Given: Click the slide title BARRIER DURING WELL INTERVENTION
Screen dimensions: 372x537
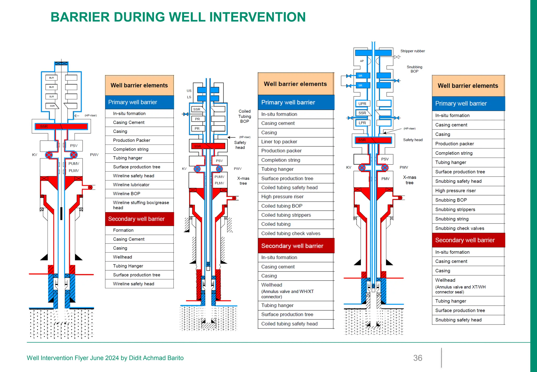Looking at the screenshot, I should click(x=178, y=17).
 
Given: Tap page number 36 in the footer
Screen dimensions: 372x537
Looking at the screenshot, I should click(x=417, y=358).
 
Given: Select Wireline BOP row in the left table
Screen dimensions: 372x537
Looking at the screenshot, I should click(x=127, y=194).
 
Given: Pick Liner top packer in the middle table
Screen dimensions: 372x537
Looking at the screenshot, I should click(x=279, y=142).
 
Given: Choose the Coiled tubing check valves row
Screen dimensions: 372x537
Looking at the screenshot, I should click(x=291, y=233).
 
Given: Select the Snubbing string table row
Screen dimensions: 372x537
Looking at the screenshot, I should click(x=452, y=219).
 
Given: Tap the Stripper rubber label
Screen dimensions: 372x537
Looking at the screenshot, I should click(x=412, y=51).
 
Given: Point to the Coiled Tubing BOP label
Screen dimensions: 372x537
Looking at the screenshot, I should click(x=244, y=116).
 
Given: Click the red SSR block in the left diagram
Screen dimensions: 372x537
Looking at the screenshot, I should click(x=61, y=126).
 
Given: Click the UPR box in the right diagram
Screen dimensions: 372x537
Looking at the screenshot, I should click(x=362, y=104).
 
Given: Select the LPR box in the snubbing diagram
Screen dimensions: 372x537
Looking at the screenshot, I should click(x=362, y=123).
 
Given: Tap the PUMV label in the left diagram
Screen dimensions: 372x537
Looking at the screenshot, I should click(x=74, y=163).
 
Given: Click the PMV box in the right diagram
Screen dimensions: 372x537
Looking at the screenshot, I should click(x=385, y=179).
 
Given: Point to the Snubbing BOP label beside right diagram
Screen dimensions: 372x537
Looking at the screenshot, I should click(x=414, y=69).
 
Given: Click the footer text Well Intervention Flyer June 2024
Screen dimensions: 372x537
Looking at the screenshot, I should click(x=105, y=358).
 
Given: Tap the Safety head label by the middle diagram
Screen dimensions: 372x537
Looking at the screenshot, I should click(x=240, y=145).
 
